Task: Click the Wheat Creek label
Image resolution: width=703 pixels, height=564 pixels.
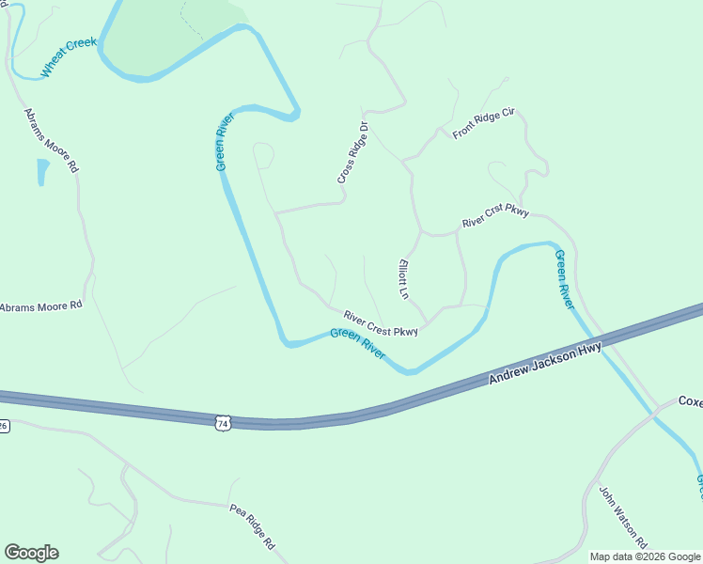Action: (x=68, y=57)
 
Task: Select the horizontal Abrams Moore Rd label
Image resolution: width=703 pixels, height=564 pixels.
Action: (x=41, y=306)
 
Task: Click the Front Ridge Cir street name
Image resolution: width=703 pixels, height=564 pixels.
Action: (x=484, y=124)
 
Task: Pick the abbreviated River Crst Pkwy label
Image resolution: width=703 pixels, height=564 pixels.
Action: (x=495, y=215)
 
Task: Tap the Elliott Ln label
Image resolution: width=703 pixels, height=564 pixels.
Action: (x=404, y=279)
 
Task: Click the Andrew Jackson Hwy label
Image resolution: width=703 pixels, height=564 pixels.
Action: (x=544, y=365)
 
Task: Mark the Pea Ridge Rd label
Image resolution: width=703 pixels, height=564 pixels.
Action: (x=252, y=525)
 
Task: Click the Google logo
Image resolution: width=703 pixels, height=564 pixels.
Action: (x=31, y=553)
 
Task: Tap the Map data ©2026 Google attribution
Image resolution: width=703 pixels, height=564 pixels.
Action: (x=645, y=556)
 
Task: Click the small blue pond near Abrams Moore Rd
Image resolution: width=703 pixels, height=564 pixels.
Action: (x=42, y=172)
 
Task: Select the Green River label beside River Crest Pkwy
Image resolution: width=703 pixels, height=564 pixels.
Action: (x=357, y=343)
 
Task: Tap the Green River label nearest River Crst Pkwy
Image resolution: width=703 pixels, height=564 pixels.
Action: (x=564, y=280)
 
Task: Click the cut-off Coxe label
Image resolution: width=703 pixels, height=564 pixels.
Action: (x=691, y=401)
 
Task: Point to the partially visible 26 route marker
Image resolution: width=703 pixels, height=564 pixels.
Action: (x=4, y=425)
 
